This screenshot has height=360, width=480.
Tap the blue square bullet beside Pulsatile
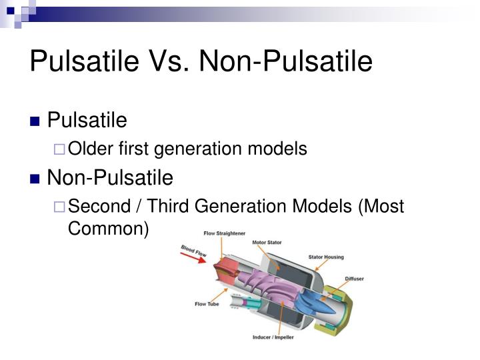36,121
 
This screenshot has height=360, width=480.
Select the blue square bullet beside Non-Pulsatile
36,179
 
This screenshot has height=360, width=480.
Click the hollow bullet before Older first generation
59,150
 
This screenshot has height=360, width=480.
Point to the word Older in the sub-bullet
91,149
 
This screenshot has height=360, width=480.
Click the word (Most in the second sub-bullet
381,206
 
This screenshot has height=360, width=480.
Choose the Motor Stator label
268,243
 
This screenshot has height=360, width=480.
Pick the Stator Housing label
325,257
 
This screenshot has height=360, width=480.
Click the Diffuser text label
354,279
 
